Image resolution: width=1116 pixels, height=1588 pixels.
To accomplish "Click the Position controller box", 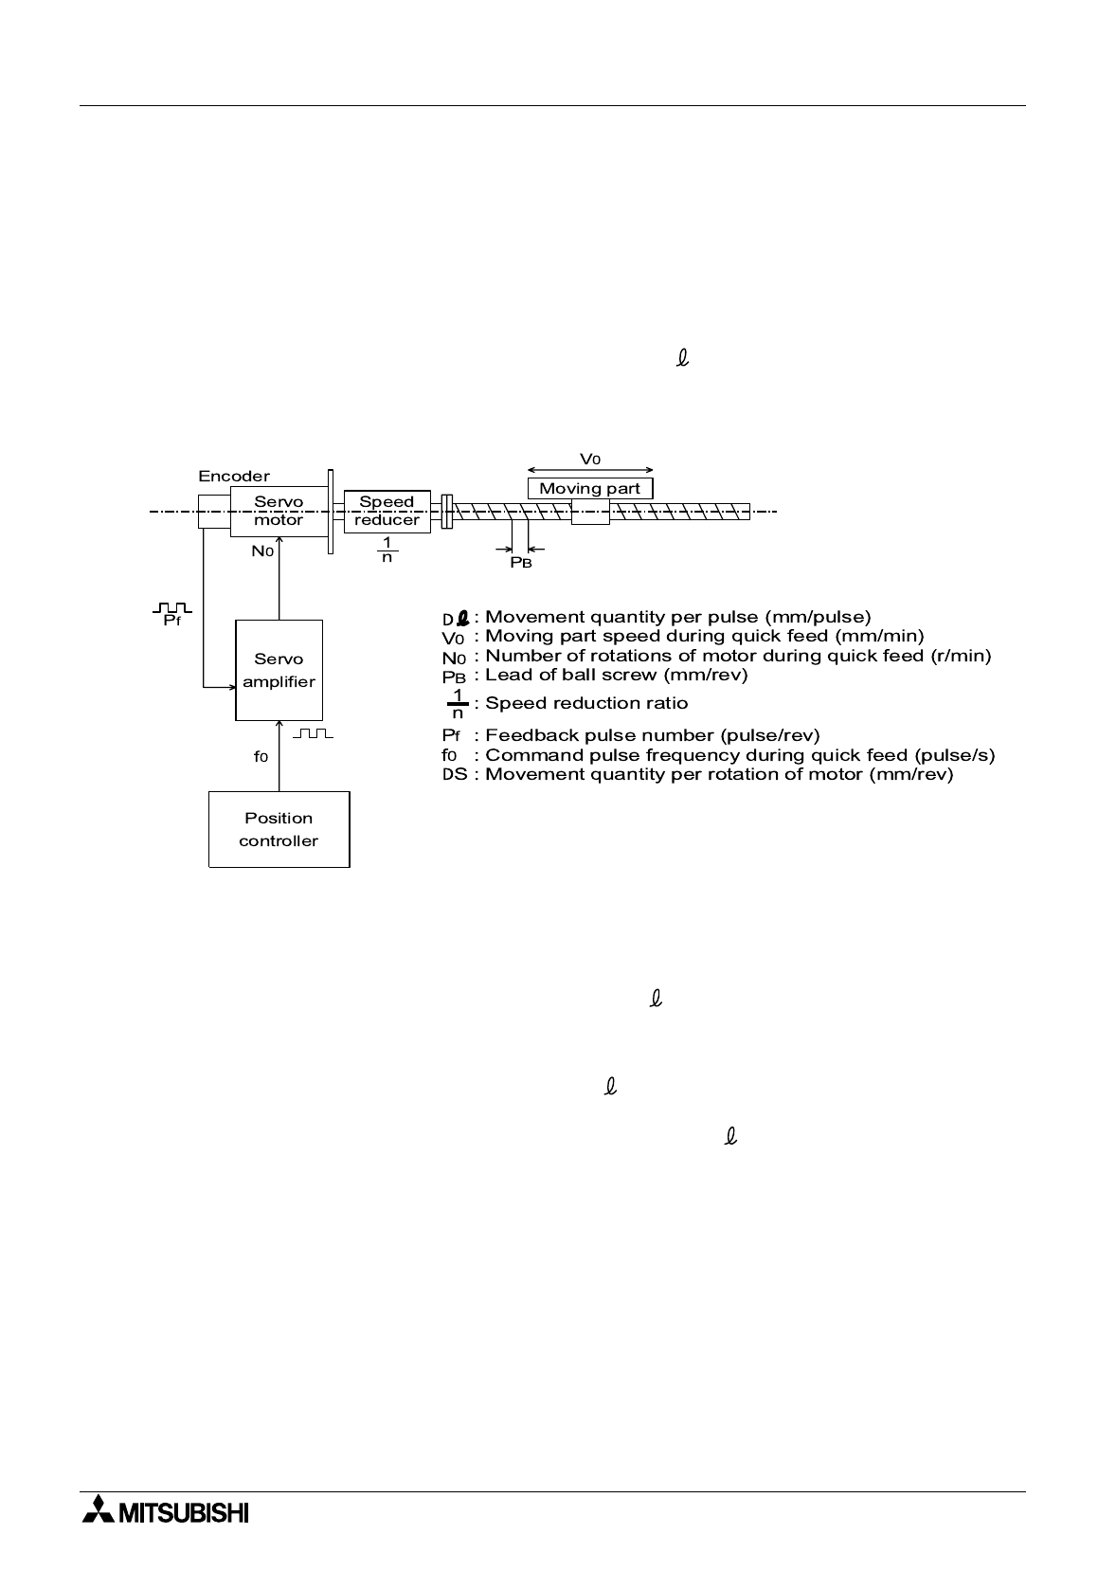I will tap(279, 829).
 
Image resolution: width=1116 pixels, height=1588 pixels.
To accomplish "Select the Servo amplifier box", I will tap(279, 670).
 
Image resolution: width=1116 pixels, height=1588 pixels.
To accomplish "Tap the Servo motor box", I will tap(279, 511).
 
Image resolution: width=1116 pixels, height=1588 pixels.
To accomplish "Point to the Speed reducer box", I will tap(387, 511).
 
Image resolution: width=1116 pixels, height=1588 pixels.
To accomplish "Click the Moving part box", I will tap(589, 489).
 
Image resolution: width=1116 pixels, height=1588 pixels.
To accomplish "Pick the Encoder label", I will tap(234, 477).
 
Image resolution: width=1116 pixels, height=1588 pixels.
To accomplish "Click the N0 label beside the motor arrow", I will tap(262, 550).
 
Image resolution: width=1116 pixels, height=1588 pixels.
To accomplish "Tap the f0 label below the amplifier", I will tap(261, 757).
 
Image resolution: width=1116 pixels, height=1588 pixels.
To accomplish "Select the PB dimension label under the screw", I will tap(521, 562).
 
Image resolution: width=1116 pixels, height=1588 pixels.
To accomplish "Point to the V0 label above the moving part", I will tap(589, 459).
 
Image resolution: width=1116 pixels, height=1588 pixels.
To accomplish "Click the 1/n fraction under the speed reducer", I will tap(387, 550).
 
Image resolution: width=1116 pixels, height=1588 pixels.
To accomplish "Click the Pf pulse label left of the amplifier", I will tap(172, 621).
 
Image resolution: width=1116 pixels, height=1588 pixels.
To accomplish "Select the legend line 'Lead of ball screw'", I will tap(617, 675).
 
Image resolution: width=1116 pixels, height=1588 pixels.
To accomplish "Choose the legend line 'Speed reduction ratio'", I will tap(586, 703).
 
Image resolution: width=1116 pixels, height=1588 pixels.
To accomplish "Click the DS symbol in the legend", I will tap(455, 774).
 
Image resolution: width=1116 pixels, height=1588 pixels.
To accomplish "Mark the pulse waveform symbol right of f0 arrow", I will tap(314, 733).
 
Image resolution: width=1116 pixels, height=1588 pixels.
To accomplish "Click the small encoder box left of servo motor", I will tap(214, 511).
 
